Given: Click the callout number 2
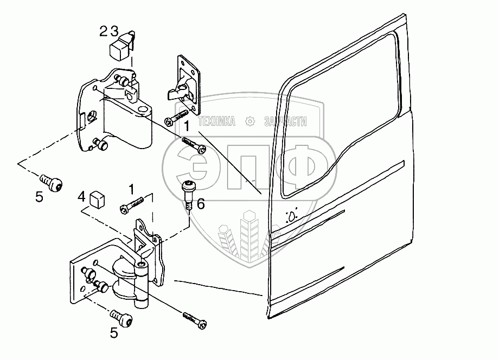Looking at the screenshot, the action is (x=103, y=31).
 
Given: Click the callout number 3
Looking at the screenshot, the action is (x=112, y=31).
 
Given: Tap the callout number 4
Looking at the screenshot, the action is (x=81, y=196).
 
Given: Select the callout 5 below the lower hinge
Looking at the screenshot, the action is (x=113, y=333).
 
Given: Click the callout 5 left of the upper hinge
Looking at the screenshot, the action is (x=39, y=197).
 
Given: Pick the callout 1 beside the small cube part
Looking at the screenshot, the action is (x=131, y=189).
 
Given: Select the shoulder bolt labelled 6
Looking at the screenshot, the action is (x=188, y=193).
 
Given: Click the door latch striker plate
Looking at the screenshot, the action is (x=184, y=81).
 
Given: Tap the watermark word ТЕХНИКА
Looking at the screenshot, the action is (x=217, y=121).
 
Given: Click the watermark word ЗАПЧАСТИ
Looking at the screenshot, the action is (x=286, y=121).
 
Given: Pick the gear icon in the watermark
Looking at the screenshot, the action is (x=250, y=121).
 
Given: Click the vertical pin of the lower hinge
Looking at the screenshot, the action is (x=142, y=282).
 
